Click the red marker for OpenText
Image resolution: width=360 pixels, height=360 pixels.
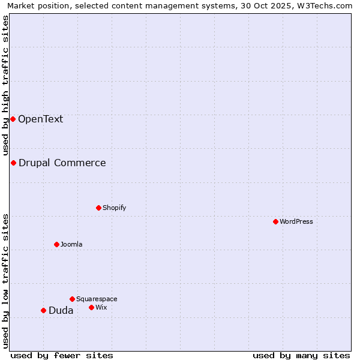pos(13,119)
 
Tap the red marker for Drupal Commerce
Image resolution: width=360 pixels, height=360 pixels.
pos(13,163)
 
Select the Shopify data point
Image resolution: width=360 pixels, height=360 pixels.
pos(98,208)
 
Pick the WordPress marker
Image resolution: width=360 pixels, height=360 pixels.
pos(275,221)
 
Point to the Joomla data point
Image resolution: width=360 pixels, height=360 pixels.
pos(56,244)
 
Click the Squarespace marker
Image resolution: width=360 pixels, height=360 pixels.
pos(72,299)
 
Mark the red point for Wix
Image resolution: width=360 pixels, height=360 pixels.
pos(91,307)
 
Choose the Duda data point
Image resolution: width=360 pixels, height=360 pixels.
pos(43,310)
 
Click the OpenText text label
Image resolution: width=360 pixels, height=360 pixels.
pos(40,119)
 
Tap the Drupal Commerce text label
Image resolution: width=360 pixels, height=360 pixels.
pos(62,163)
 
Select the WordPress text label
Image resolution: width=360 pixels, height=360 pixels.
pos(296,221)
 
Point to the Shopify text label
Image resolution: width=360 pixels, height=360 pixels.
pos(115,208)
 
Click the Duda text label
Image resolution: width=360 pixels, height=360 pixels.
pos(61,310)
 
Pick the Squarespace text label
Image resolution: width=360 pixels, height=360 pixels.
pos(97,299)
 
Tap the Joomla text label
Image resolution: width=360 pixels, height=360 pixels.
pos(71,244)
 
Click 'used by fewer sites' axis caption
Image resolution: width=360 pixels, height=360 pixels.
pos(62,355)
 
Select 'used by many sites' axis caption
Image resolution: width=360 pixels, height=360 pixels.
pos(301,355)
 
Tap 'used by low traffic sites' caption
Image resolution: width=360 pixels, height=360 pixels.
pos(5,281)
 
